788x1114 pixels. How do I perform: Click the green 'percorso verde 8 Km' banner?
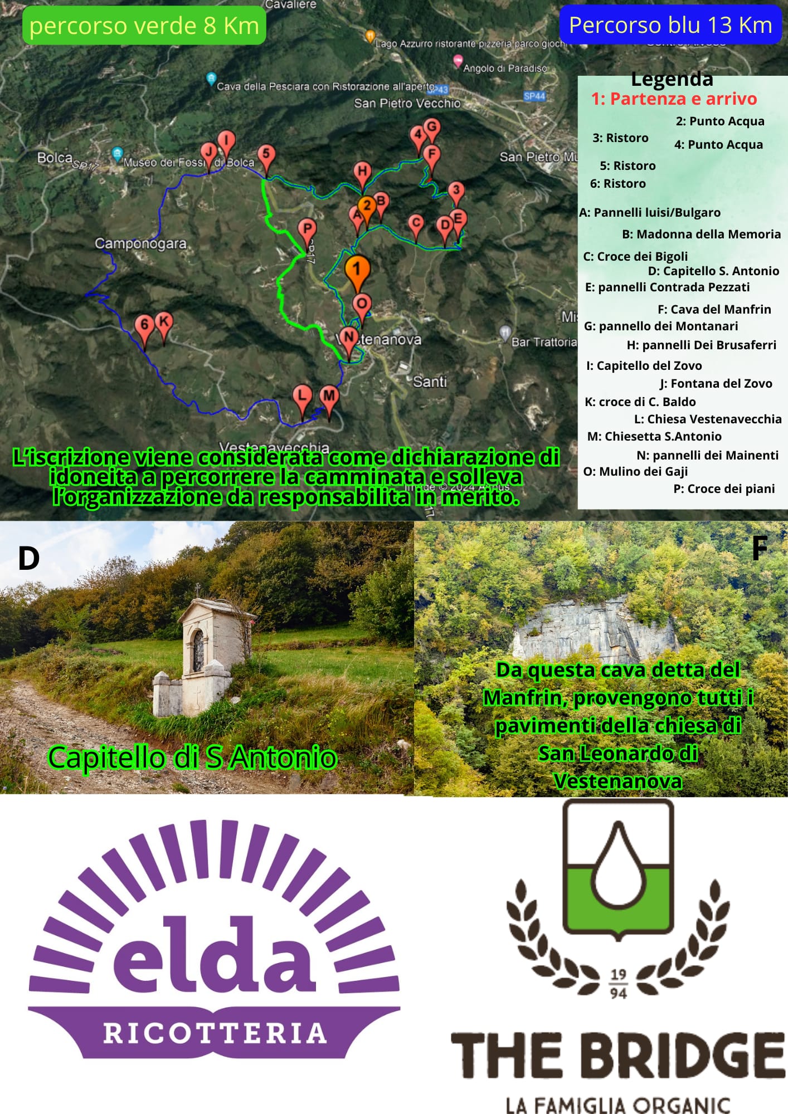tap(144, 26)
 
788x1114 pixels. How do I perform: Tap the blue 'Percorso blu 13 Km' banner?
tap(670, 25)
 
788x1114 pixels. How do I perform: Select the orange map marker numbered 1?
tap(357, 270)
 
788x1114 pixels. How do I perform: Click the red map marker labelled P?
tap(307, 229)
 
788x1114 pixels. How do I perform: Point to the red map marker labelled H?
tap(362, 172)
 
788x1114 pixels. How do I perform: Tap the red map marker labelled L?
tap(302, 396)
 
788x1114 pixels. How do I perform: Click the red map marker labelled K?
tap(163, 322)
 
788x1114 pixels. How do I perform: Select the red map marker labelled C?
tap(416, 223)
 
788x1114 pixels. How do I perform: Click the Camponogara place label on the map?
tap(140, 243)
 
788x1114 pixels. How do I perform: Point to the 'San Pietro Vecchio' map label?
tap(407, 103)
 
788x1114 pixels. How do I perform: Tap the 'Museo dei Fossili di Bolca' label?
tap(188, 163)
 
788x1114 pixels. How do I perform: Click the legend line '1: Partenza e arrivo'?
tap(674, 99)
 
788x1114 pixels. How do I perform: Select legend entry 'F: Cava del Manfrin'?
tap(714, 309)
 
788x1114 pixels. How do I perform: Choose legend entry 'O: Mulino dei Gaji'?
tap(635, 471)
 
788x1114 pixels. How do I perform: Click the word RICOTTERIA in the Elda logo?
tap(215, 1033)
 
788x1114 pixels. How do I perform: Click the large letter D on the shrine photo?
tap(29, 558)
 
